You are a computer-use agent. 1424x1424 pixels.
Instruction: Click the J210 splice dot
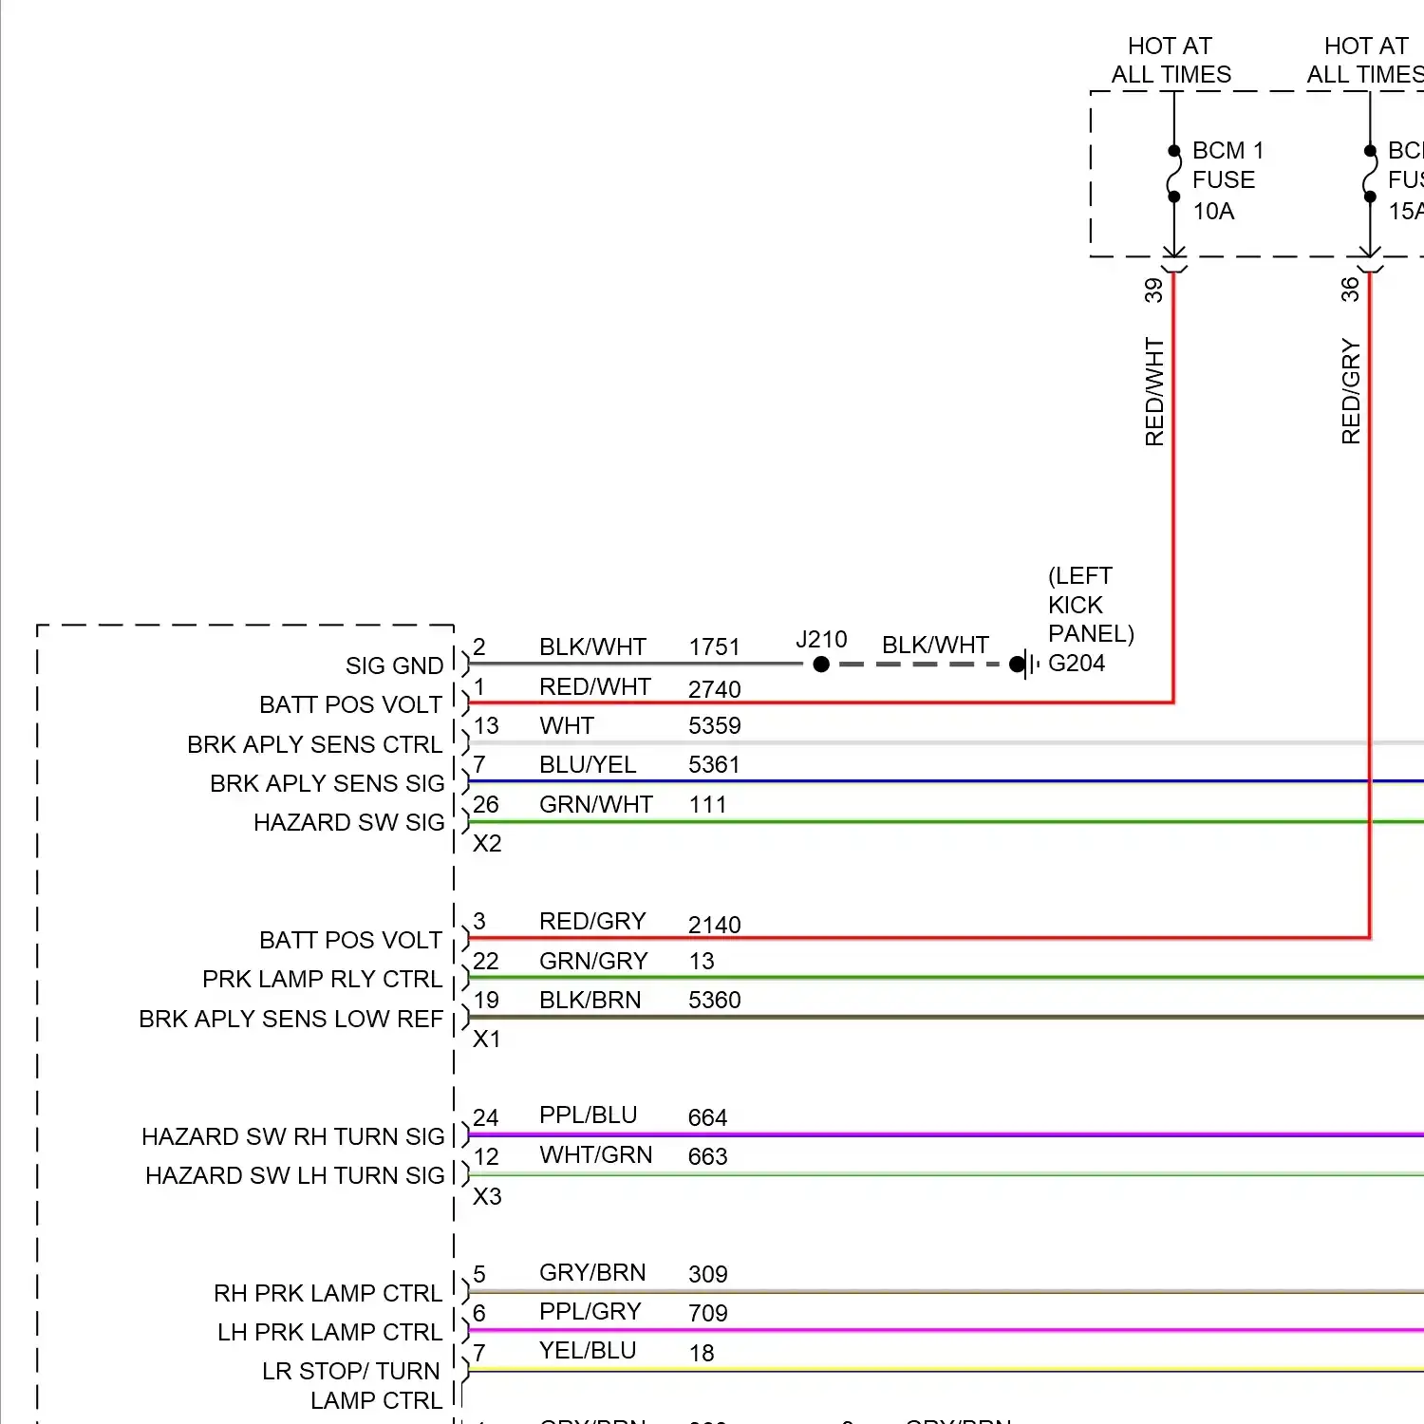(821, 665)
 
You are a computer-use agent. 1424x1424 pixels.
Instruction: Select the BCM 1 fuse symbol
(1174, 174)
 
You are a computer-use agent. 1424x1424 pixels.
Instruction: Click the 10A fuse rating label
(1213, 212)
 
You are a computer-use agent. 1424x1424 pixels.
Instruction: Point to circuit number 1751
(714, 647)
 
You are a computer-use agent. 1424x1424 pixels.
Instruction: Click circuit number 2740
(714, 689)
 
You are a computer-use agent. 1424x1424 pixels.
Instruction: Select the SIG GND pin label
(394, 665)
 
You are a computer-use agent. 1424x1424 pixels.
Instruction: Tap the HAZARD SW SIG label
(348, 822)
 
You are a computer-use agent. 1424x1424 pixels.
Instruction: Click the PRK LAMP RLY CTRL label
(322, 979)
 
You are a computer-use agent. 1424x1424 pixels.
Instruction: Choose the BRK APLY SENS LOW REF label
(290, 1019)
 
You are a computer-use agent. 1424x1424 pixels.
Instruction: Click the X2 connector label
(487, 843)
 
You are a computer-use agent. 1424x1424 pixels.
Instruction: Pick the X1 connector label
(487, 1039)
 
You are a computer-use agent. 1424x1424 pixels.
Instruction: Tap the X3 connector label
(487, 1196)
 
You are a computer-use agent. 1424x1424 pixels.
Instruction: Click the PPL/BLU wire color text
(588, 1115)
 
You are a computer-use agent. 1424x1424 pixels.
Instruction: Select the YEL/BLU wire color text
(588, 1350)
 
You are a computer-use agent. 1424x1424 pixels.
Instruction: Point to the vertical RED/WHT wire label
(1154, 391)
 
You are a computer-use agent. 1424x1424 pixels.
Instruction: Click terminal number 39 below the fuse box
(1153, 290)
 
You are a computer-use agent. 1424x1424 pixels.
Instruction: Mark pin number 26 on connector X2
(486, 804)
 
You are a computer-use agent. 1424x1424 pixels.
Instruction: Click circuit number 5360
(714, 1000)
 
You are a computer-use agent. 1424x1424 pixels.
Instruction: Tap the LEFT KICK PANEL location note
(1090, 605)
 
